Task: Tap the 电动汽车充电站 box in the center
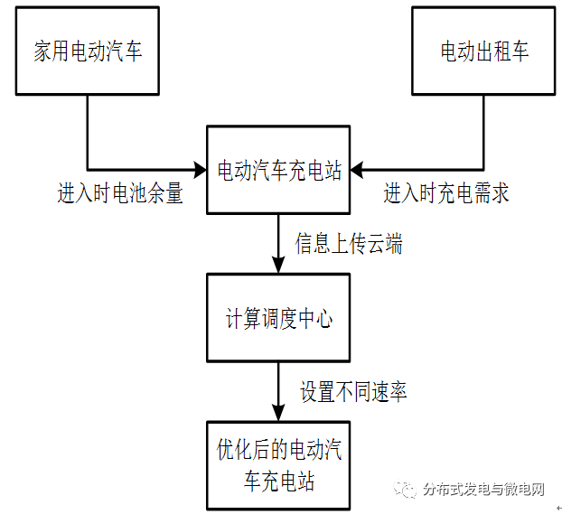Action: point(279,170)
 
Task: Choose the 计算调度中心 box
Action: point(279,318)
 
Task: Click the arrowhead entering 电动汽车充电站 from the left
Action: point(201,168)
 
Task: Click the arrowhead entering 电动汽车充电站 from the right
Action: point(358,168)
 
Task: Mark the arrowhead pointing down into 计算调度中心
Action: point(279,266)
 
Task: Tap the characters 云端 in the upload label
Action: point(385,244)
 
